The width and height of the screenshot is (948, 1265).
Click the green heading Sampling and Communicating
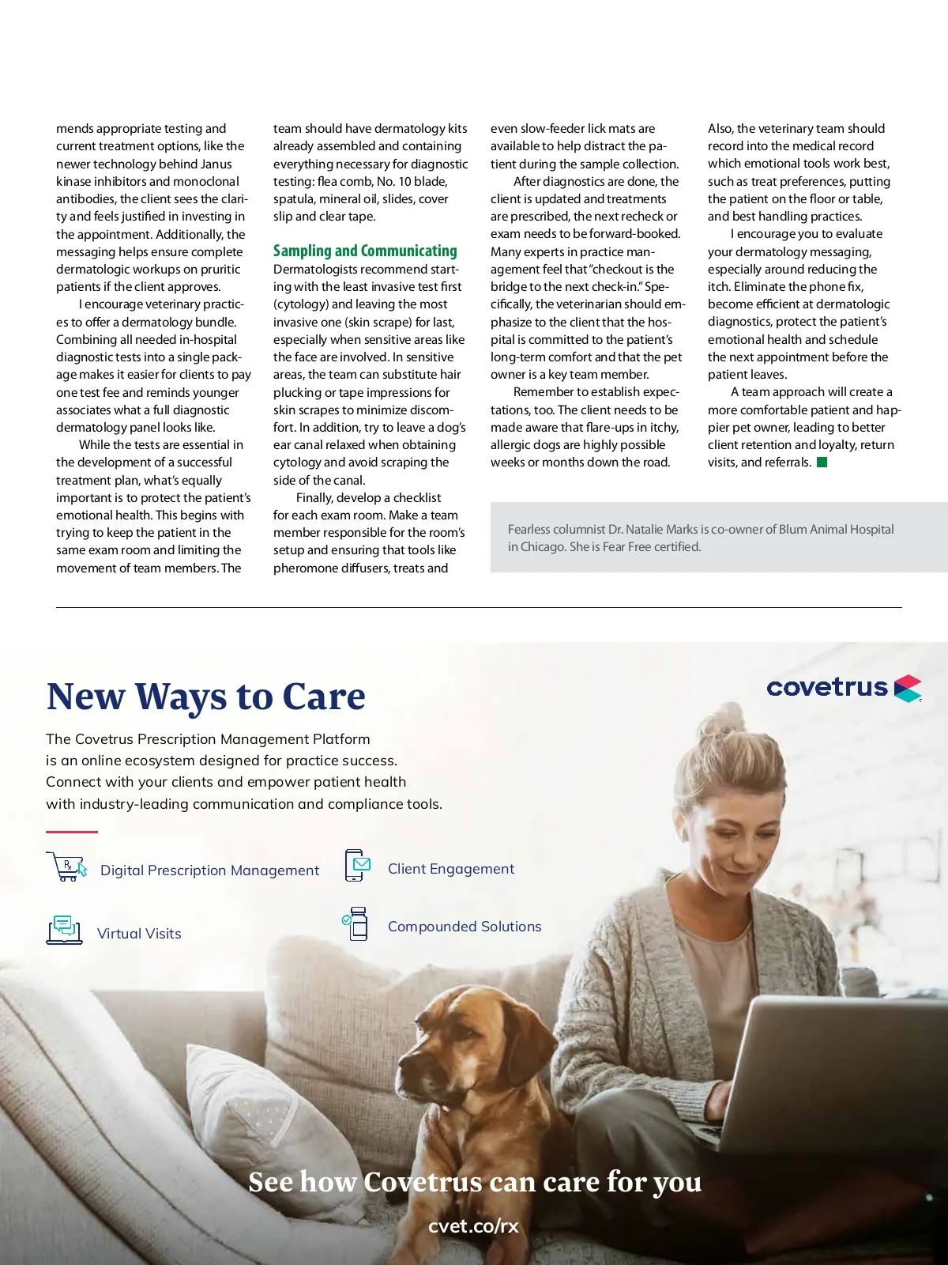(365, 251)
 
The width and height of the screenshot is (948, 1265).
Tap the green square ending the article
(822, 463)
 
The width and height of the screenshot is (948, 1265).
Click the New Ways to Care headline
(205, 697)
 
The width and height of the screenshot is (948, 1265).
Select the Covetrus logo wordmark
(827, 687)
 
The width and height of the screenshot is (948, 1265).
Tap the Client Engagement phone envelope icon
(358, 866)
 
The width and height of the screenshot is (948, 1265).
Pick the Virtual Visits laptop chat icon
(65, 930)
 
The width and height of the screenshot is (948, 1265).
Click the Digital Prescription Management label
(209, 870)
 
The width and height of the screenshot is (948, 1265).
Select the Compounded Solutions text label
(465, 927)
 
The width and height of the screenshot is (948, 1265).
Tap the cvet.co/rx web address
(473, 1226)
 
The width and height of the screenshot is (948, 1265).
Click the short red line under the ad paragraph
(72, 832)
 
